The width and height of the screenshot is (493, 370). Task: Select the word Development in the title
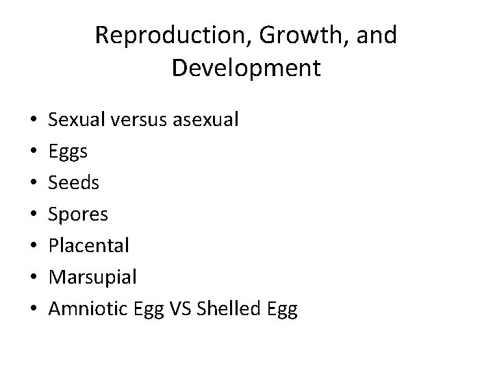(x=246, y=69)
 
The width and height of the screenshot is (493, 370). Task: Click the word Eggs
(x=68, y=152)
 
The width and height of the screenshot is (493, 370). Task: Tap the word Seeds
(x=73, y=184)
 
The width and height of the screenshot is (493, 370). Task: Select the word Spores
(x=78, y=215)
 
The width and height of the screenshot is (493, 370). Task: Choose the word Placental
(x=89, y=246)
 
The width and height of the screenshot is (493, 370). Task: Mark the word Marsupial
(x=92, y=277)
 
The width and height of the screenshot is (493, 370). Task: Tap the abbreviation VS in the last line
(x=181, y=309)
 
